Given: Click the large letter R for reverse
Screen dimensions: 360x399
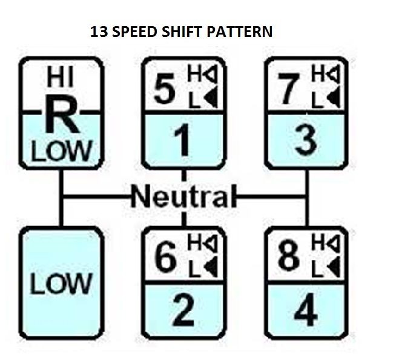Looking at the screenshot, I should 61,116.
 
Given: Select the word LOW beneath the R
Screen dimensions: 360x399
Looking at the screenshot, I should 61,150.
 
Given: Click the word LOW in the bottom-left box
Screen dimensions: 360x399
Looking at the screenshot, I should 61,283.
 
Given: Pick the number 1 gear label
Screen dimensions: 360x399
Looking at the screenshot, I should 182,141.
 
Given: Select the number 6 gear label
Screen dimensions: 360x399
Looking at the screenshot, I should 165,258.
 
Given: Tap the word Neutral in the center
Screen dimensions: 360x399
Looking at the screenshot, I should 182,197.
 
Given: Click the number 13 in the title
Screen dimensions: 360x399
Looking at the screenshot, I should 99,32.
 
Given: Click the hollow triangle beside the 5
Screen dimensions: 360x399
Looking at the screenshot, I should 211,75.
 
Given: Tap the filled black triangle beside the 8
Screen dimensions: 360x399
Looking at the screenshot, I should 334,267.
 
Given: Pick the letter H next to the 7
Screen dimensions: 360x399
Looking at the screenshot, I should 317,75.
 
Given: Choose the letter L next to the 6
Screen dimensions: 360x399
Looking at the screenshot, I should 193,267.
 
